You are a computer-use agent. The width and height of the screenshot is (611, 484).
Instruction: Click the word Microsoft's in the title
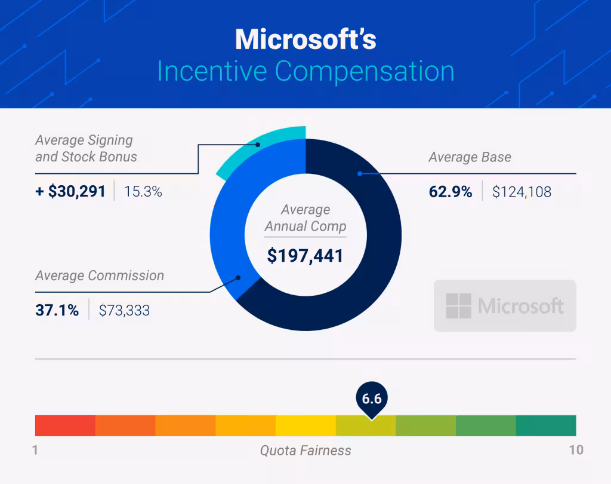tap(305, 39)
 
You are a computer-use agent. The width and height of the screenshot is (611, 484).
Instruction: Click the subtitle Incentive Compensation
tap(305, 71)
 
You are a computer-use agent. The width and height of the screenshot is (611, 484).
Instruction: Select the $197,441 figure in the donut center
tap(305, 256)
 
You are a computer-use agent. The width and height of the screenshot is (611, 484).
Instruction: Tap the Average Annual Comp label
tap(305, 218)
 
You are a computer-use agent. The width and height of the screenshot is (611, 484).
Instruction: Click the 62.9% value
tap(450, 192)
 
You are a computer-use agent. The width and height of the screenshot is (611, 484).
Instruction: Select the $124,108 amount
tap(521, 192)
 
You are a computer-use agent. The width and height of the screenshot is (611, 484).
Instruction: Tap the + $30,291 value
tap(70, 192)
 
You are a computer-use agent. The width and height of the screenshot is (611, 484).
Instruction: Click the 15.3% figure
tap(143, 192)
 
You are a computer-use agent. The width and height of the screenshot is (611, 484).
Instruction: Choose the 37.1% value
tap(57, 310)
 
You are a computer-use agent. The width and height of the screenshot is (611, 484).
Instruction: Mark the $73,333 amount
tap(124, 310)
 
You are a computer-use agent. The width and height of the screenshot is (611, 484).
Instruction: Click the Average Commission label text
tap(99, 275)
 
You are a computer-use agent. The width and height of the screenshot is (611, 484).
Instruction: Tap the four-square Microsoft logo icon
tap(458, 306)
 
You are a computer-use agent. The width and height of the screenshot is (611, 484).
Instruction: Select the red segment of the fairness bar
tap(65, 425)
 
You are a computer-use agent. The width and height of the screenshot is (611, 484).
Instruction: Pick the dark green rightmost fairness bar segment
tap(545, 425)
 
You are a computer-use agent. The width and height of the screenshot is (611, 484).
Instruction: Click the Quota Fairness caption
tap(305, 450)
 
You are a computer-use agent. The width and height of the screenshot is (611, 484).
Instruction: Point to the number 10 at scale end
tap(575, 450)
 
